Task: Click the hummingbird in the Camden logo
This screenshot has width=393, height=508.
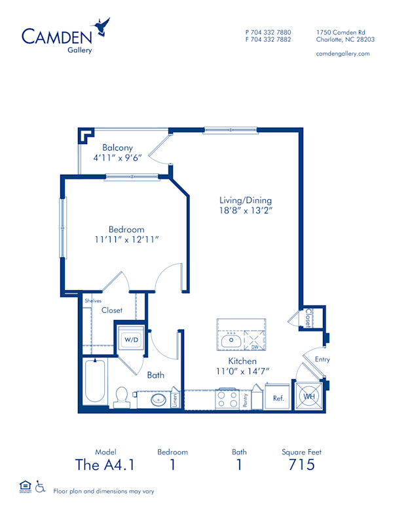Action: [103, 27]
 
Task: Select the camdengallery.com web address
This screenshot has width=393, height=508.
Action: [343, 53]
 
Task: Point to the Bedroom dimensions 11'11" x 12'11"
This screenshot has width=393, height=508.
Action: [126, 240]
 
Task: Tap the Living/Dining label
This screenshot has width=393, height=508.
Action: [246, 200]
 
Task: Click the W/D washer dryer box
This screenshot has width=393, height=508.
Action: [132, 340]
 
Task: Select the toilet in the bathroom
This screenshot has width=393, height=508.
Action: [121, 395]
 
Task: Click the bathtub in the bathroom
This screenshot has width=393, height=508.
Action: [95, 382]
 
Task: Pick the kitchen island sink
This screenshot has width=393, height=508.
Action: [231, 340]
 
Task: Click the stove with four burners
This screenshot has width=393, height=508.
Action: [227, 397]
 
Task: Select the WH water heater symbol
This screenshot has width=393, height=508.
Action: [309, 395]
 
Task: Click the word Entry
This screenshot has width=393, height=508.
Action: [322, 359]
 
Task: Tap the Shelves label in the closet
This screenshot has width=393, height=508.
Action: [92, 300]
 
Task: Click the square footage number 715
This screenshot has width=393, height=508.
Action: [301, 465]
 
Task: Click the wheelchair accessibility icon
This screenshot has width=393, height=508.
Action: [40, 486]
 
